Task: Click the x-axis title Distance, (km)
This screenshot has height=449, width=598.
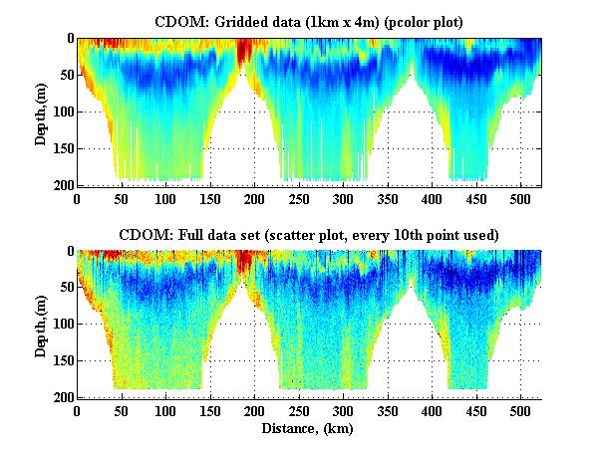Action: (309, 429)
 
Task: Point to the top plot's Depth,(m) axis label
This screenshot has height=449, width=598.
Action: (41, 112)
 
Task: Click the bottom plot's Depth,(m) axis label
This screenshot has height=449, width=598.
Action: (41, 325)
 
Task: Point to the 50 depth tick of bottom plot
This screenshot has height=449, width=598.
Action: (67, 288)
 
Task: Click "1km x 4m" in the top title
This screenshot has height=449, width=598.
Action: (325, 21)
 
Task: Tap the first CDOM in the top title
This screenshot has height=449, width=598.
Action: (176, 21)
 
